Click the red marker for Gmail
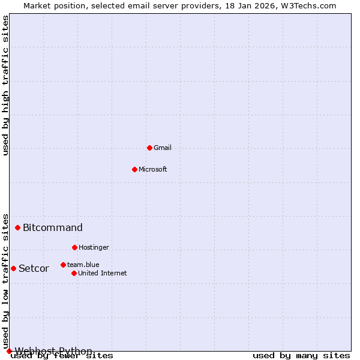click(149, 148)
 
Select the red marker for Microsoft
click(134, 169)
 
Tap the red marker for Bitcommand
click(18, 227)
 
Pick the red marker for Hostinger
click(74, 247)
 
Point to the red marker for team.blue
click(63, 265)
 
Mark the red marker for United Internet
click(74, 273)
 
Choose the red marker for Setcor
click(13, 268)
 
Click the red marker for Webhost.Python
click(9, 351)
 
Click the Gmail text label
click(163, 148)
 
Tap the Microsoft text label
click(152, 169)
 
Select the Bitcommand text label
click(53, 227)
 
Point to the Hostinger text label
click(94, 247)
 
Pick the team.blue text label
click(83, 265)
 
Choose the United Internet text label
click(102, 273)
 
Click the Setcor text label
click(34, 268)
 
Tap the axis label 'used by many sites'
click(301, 356)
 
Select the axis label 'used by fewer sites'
click(62, 356)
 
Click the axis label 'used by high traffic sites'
click(6, 85)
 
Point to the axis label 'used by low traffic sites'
click(6, 281)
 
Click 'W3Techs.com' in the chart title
click(308, 5)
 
